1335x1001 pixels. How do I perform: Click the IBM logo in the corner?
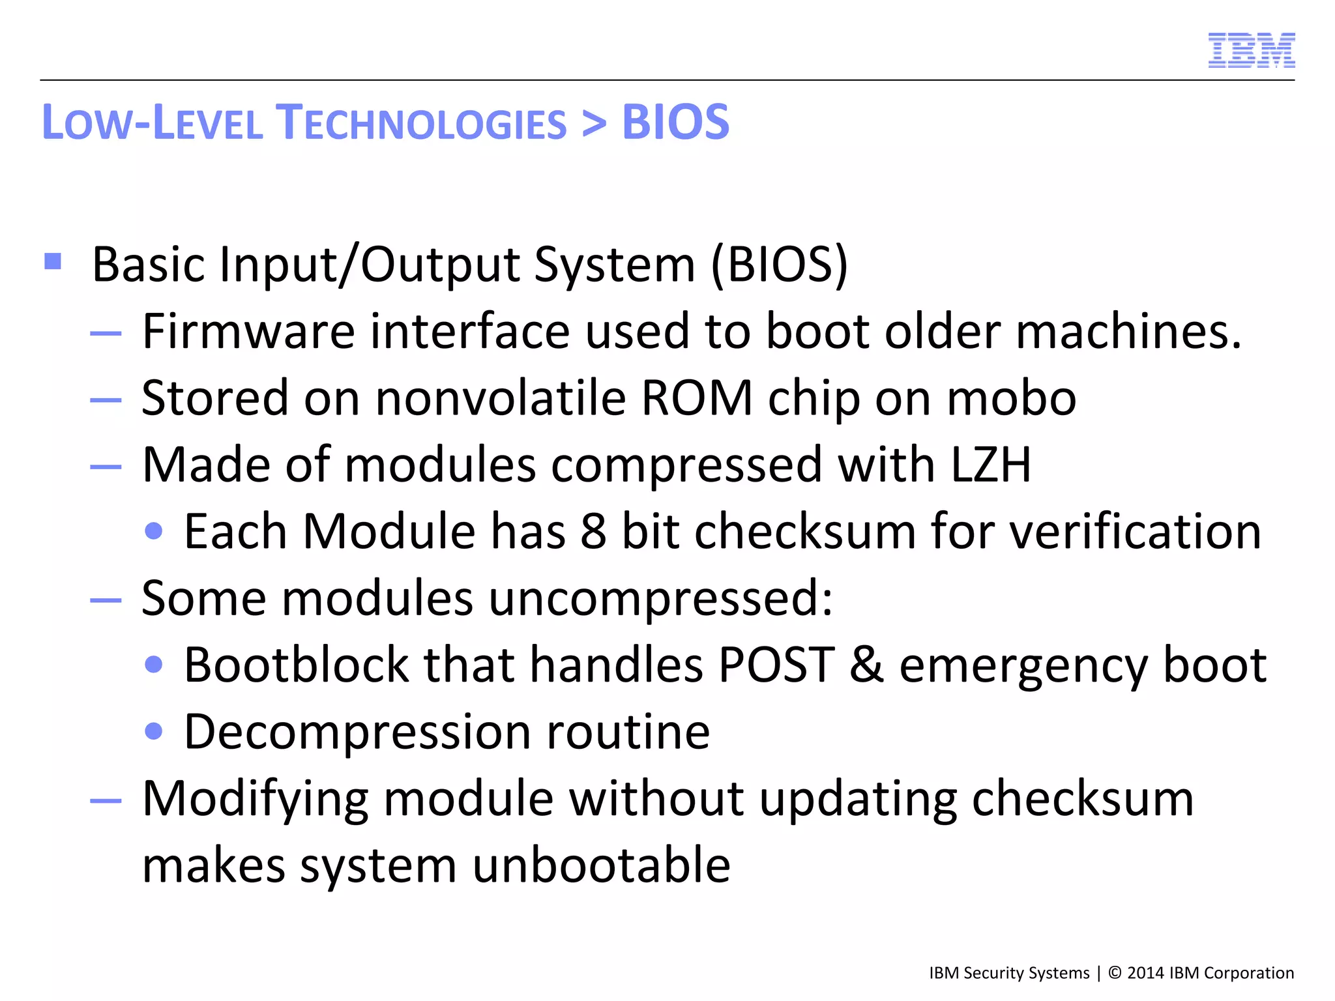[1251, 50]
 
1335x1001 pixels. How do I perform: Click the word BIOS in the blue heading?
[675, 123]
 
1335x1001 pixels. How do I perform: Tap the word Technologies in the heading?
[421, 123]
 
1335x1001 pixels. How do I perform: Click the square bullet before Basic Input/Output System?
[53, 261]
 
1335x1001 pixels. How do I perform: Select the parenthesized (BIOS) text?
[780, 265]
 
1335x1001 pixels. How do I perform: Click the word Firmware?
[248, 331]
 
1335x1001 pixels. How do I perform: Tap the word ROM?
[697, 398]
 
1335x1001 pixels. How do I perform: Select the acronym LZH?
[991, 465]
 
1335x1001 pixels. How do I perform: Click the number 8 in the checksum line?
[593, 532]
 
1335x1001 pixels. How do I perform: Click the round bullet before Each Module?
[154, 532]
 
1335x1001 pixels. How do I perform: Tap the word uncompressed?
[660, 598]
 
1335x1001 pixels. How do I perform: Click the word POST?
[776, 665]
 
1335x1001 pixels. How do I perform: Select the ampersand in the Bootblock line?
[867, 665]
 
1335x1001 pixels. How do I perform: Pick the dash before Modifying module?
[106, 800]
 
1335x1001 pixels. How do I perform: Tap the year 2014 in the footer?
[1145, 973]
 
